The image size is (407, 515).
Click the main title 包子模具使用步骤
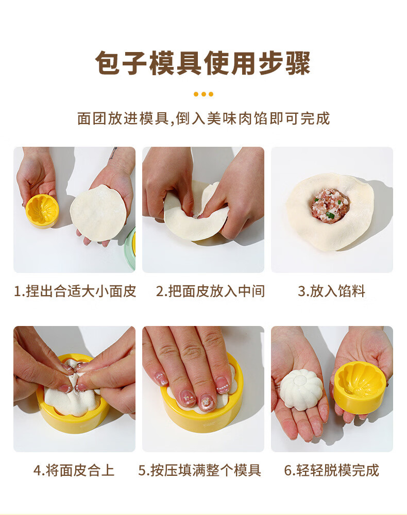pos(203,63)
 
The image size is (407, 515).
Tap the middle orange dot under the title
pos(203,94)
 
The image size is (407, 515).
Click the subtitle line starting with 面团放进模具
pos(203,118)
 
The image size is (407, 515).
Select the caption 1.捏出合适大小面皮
pos(75,291)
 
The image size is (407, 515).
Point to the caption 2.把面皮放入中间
pos(210,291)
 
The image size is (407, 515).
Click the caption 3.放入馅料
pos(331,291)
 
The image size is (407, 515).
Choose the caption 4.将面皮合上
pos(74,470)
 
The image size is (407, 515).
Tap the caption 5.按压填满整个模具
pos(200,470)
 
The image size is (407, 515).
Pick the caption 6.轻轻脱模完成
pos(331,470)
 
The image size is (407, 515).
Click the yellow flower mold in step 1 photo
pos(42,211)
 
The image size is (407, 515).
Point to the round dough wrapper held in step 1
pos(98,213)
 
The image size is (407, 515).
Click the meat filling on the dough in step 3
pos(330,206)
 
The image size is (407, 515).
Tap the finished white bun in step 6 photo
pos(301,389)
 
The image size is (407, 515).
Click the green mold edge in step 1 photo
pos(131,248)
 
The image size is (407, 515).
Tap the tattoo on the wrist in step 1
pos(113,153)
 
